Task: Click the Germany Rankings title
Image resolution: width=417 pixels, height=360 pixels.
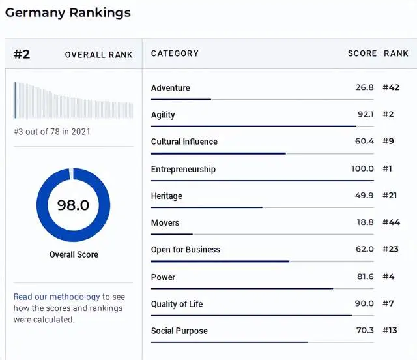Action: pos(68,12)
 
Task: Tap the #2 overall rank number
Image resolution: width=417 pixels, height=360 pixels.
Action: pos(22,54)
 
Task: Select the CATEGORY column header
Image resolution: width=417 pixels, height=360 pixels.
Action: pos(175,53)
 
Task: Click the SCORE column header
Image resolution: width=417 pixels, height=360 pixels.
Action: pos(362,53)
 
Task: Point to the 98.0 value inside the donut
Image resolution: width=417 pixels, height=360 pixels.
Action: pos(73,205)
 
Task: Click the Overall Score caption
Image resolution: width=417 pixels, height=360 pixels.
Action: pos(73,254)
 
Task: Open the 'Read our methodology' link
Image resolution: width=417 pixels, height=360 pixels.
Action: pos(57,297)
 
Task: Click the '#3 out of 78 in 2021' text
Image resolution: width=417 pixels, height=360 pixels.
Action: pos(52,131)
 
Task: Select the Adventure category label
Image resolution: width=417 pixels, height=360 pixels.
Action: pos(171,88)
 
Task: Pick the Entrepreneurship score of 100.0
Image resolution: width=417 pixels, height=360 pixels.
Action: pos(362,169)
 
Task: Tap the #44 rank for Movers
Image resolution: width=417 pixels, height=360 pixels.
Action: pos(391,223)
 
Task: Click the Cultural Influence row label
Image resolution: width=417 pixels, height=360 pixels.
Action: pos(184,142)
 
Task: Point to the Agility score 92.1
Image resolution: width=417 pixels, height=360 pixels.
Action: pos(366,115)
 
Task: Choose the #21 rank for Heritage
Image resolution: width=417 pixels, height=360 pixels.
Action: pos(390,196)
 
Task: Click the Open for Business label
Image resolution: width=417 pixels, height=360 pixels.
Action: pos(186,250)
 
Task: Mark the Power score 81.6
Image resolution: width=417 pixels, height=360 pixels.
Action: pos(366,277)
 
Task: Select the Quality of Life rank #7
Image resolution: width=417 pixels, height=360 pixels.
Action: pos(388,304)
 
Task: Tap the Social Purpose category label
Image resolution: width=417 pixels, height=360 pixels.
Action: pos(179,331)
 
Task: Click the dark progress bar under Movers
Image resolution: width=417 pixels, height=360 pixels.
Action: pos(171,233)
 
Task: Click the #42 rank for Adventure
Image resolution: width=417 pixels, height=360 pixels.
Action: pos(391,88)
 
